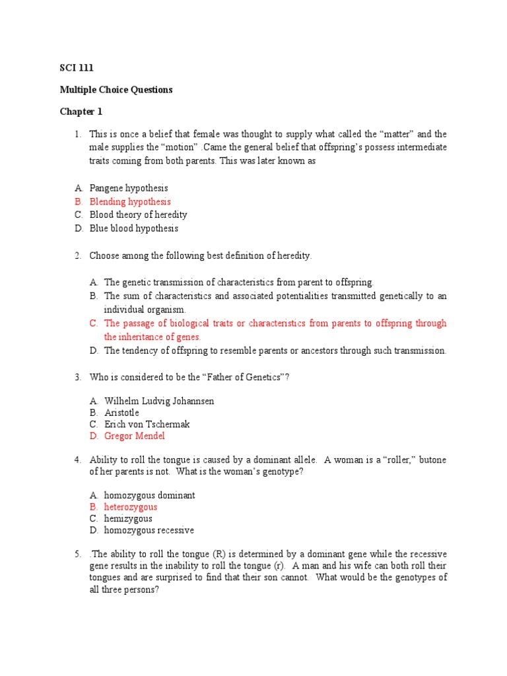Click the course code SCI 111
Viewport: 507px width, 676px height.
coord(73,67)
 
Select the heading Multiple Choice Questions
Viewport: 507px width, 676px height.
coord(116,89)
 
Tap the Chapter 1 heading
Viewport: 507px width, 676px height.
coord(81,112)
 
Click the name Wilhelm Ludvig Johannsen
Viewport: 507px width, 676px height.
coord(159,401)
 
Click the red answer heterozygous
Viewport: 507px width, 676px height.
coord(131,507)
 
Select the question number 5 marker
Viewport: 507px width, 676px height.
coord(77,554)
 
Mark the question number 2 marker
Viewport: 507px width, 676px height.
coord(77,255)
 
